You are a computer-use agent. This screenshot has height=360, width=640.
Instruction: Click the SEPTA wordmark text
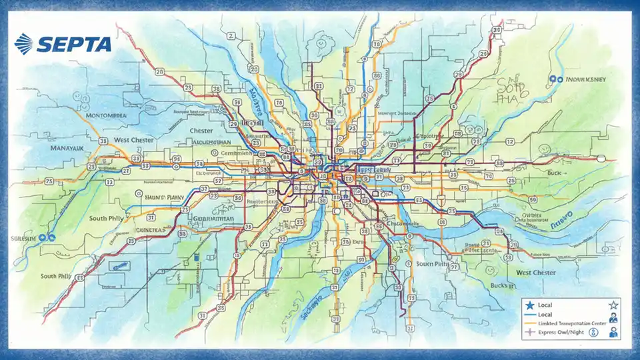point(74,44)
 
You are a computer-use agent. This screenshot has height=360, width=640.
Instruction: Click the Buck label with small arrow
point(553,172)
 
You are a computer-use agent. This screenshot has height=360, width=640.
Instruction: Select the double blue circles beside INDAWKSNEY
point(552,79)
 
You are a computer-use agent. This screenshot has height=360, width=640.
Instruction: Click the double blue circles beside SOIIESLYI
point(45,237)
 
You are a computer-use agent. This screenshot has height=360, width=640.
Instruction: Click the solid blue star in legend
point(530,305)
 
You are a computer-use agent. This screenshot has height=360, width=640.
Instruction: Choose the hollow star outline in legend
point(613,305)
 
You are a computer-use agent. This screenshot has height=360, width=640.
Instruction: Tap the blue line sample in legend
point(531,314)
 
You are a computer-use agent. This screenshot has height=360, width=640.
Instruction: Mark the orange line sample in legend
point(531,323)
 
